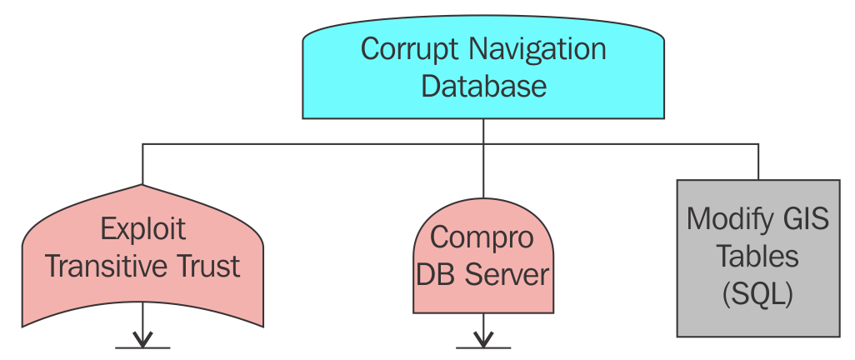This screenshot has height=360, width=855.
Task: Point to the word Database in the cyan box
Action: tap(483, 86)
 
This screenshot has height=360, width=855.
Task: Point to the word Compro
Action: tap(482, 238)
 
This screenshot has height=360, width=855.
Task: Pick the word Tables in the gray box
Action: tap(758, 256)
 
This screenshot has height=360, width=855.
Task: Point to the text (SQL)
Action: tap(758, 292)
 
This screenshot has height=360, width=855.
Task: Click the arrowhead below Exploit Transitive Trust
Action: tap(142, 341)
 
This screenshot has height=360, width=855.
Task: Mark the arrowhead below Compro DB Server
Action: tap(483, 341)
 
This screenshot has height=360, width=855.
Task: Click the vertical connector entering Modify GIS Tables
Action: tap(758, 162)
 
